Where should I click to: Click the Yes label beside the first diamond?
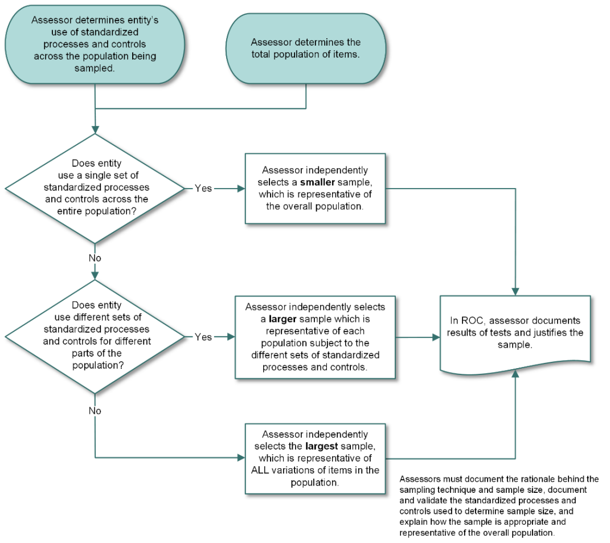(x=203, y=188)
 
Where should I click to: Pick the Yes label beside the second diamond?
(x=203, y=337)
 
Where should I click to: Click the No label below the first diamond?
(x=95, y=258)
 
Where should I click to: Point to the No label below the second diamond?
(x=95, y=410)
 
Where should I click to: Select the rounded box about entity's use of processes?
(x=95, y=44)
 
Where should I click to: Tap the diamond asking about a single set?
(x=95, y=188)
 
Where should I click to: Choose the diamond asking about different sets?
(x=95, y=337)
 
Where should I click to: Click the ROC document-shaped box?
(x=515, y=333)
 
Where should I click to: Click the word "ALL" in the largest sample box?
(x=263, y=470)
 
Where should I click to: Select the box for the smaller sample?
(x=315, y=188)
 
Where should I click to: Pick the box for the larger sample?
(x=315, y=337)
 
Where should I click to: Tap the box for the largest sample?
(x=315, y=458)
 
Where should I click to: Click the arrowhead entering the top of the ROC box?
(x=515, y=291)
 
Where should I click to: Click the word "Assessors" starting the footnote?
(x=420, y=479)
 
